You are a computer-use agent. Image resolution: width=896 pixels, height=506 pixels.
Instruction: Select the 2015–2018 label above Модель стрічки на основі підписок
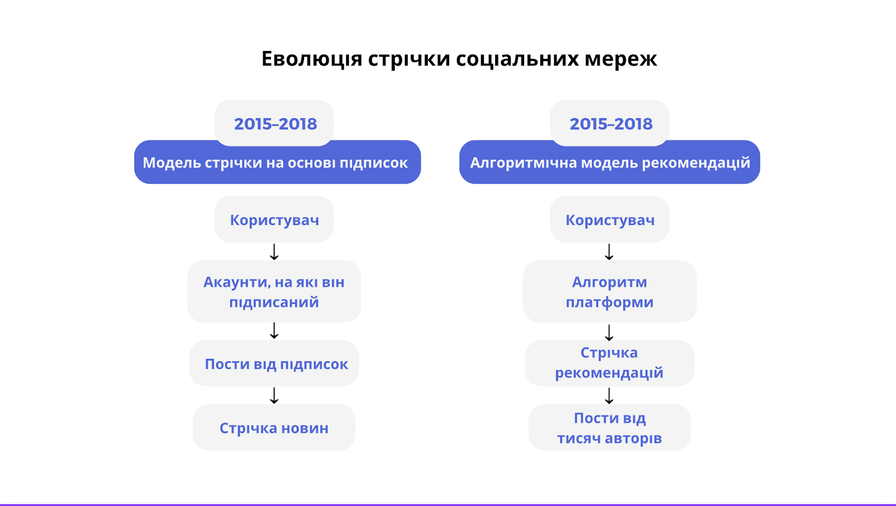point(275,124)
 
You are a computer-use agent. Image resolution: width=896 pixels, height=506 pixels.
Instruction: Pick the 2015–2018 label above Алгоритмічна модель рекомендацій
point(610,124)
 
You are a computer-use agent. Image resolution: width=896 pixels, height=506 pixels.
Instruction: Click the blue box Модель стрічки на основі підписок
point(277,162)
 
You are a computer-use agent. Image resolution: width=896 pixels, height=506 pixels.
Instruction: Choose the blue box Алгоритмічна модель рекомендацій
point(609,162)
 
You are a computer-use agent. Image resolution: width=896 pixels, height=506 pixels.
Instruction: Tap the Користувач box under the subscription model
point(274,220)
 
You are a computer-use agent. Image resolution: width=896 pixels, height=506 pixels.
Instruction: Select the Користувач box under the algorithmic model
point(610,220)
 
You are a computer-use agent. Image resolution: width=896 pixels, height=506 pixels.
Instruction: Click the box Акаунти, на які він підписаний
point(274,292)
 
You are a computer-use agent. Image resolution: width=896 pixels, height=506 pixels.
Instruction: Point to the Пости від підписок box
point(274,364)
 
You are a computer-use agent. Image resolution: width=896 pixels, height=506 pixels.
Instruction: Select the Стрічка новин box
point(274,428)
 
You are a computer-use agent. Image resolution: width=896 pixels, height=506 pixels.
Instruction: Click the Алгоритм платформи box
point(609,292)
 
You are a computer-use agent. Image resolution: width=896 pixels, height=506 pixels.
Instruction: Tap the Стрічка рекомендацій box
point(609,363)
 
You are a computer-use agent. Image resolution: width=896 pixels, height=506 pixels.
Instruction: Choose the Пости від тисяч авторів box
point(609,428)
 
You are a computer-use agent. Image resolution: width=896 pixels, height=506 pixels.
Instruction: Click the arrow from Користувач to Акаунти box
point(274,252)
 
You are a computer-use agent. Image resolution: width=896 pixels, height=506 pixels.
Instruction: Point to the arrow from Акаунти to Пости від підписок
point(274,331)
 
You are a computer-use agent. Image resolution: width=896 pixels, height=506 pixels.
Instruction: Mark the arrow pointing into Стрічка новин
point(274,395)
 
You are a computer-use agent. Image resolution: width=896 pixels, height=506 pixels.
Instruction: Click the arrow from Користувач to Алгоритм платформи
point(609,252)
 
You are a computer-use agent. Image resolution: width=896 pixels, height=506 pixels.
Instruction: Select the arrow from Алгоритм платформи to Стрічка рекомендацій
point(609,332)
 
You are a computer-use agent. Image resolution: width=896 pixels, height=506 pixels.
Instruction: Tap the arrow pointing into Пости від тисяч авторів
point(609,396)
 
